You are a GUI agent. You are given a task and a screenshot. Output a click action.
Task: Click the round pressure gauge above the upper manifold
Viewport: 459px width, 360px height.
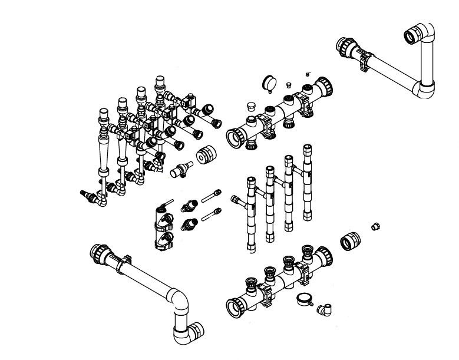[x=270, y=84]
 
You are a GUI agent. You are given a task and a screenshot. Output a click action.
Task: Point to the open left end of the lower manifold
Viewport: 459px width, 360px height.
[x=236, y=306]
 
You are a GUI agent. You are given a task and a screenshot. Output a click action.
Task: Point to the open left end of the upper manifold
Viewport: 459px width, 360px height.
[x=236, y=138]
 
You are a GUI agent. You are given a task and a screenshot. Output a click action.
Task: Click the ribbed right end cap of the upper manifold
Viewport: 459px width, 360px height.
[x=325, y=87]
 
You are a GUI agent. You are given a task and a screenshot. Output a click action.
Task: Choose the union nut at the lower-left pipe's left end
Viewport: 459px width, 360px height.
[x=98, y=255]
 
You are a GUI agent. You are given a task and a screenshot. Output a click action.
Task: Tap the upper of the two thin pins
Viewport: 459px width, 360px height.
[x=211, y=196]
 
